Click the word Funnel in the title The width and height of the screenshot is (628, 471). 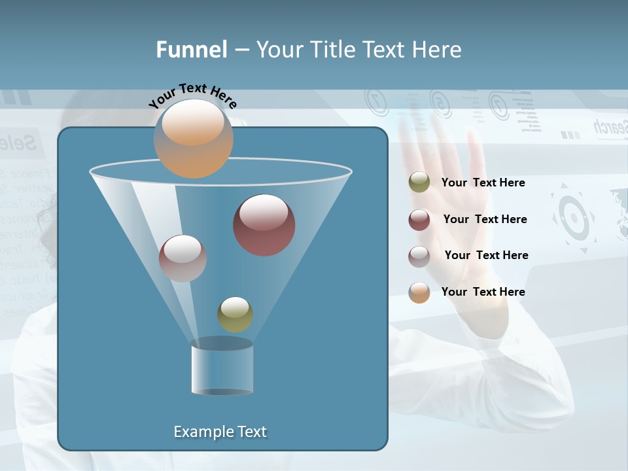point(191,50)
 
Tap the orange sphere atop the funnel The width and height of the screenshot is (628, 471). point(193,139)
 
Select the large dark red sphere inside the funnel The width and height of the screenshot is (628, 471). point(264,225)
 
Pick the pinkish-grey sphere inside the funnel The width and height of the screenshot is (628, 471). point(183,258)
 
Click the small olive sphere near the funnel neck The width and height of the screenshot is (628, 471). point(235,314)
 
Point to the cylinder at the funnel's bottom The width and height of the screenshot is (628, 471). point(222,370)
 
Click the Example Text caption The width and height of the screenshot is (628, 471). point(220,432)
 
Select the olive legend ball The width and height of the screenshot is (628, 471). point(419,183)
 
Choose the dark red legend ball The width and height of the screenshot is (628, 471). point(419,220)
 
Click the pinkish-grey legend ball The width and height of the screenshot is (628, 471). point(419,256)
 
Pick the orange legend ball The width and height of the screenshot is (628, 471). point(419,292)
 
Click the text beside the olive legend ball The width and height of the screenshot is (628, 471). point(483,183)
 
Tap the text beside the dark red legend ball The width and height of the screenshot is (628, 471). point(485,219)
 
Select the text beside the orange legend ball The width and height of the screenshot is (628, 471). point(483,292)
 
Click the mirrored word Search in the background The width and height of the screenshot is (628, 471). point(610,128)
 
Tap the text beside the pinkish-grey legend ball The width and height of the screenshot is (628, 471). point(486,255)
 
